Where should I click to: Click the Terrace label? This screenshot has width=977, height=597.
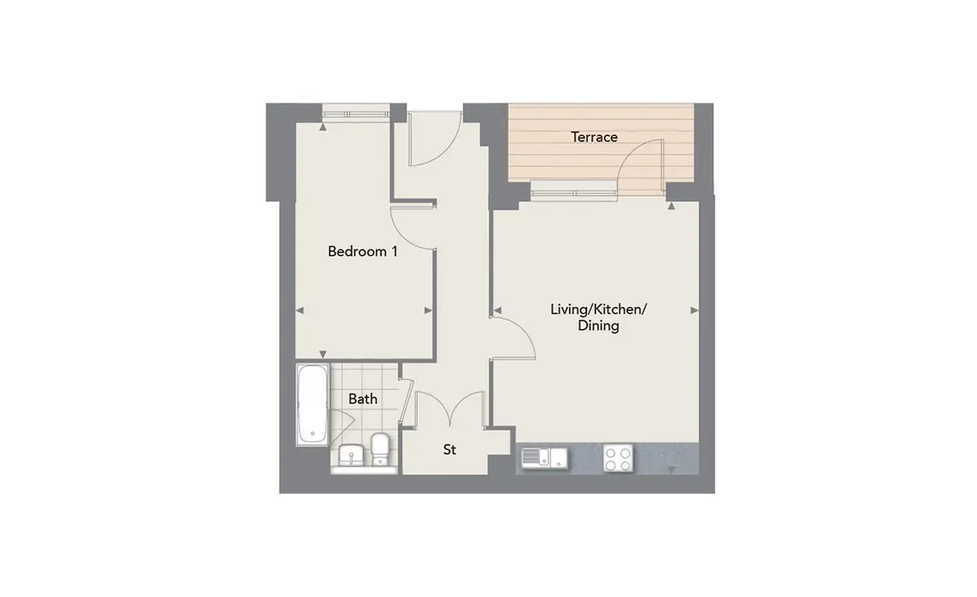click(x=594, y=137)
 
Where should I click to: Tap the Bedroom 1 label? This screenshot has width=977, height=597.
click(x=362, y=252)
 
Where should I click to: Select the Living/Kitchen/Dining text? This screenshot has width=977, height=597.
click(x=598, y=318)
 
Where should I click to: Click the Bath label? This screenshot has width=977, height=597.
click(x=363, y=398)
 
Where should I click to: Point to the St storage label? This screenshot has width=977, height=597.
click(x=449, y=450)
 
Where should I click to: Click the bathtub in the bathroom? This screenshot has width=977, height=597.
click(x=313, y=405)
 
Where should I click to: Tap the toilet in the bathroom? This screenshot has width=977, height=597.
click(x=380, y=449)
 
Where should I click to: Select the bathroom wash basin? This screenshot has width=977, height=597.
click(x=351, y=455)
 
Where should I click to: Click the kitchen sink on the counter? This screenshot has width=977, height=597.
click(x=545, y=459)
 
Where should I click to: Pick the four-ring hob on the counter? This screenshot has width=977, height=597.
click(x=618, y=459)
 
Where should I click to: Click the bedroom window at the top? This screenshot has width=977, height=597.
click(x=356, y=114)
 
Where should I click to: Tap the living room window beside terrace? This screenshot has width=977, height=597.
click(x=574, y=192)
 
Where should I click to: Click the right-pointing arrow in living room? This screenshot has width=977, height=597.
click(x=694, y=310)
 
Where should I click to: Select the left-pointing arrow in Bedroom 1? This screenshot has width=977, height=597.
click(x=300, y=310)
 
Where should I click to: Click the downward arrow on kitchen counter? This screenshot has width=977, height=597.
click(x=673, y=470)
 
